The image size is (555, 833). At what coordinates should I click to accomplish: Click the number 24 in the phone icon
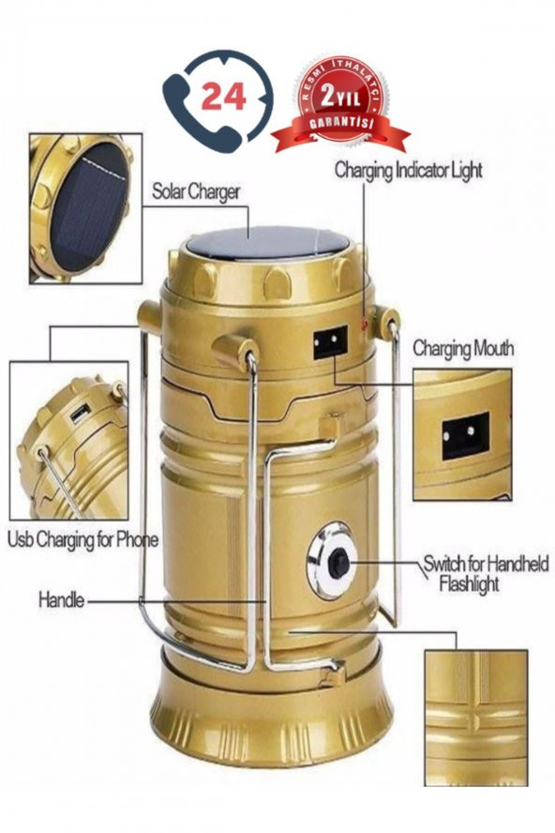coord(223,97)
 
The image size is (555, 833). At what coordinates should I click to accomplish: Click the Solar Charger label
coord(196,191)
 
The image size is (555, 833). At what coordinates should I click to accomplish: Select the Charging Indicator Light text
coord(408,171)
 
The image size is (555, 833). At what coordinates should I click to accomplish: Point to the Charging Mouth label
coord(463,349)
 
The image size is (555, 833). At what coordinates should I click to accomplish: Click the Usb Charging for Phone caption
coord(82,540)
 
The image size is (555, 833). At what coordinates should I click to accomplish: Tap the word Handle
coord(61,600)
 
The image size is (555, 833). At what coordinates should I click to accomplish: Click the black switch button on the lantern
coord(338,563)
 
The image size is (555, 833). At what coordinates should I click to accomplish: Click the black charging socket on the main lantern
coord(330,342)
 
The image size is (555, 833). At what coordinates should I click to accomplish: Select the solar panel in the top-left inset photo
coord(89,206)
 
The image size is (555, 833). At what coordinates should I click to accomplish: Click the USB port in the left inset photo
coord(81,415)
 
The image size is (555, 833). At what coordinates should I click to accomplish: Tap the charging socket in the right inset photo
coord(465,435)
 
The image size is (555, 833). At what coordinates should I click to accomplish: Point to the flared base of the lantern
coord(272,712)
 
